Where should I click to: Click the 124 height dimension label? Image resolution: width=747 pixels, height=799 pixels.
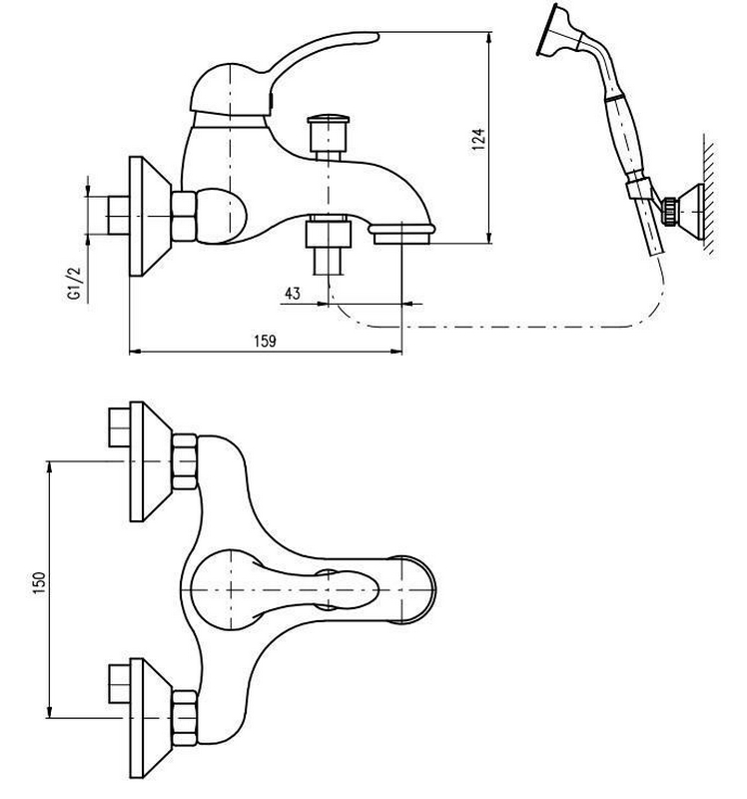tap(478, 139)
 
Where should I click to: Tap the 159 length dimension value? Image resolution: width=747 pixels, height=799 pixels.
tap(265, 341)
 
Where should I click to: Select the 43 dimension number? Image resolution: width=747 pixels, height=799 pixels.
tap(293, 294)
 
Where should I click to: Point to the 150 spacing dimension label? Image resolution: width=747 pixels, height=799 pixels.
tap(40, 582)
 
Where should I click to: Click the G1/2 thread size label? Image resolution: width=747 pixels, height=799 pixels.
tap(75, 284)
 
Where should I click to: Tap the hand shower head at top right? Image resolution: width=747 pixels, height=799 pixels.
tap(559, 32)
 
